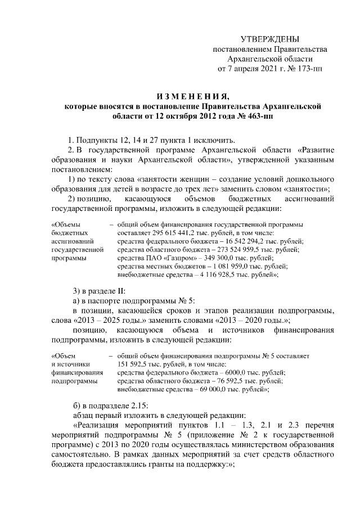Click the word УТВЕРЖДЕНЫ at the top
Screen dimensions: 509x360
pyautogui.click(x=270, y=39)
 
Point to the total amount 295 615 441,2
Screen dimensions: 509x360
pyautogui.click(x=173, y=232)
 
